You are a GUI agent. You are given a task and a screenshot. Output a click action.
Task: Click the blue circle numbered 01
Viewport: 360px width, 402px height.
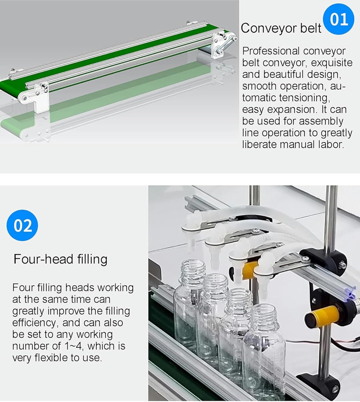[339, 19]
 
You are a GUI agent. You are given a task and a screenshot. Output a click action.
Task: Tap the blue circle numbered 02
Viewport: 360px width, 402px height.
[22, 225]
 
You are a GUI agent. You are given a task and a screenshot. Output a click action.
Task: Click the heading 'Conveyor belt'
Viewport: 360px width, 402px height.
[281, 28]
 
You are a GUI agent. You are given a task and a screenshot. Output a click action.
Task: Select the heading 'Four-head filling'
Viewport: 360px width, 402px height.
[60, 259]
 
